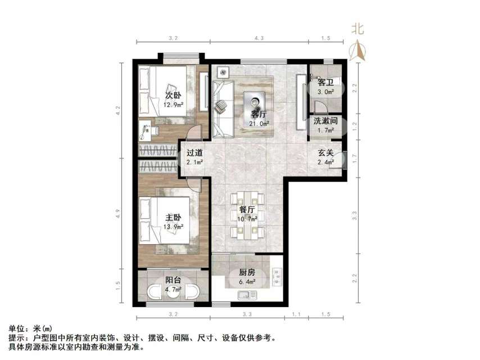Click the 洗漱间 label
pyautogui.click(x=325, y=121)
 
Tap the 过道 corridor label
pyautogui.click(x=194, y=152)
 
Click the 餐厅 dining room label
pyautogui.click(x=247, y=210)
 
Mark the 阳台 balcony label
pyautogui.click(x=172, y=280)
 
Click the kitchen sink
pyautogui.click(x=246, y=295)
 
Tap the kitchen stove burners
pyautogui.click(x=277, y=276)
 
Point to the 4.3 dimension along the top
pyautogui.click(x=259, y=38)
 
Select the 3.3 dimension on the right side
pyautogui.click(x=355, y=214)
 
